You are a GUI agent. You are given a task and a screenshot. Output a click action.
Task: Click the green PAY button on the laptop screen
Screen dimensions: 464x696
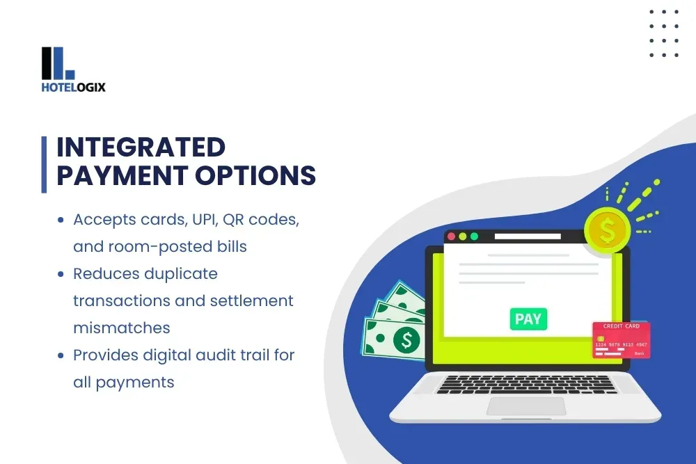click(528, 319)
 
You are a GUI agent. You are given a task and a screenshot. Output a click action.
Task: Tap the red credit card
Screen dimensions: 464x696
click(621, 339)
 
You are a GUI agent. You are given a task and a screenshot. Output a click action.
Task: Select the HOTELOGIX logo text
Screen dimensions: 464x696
click(73, 88)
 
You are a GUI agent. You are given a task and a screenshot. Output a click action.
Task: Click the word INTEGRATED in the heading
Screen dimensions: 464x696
click(141, 147)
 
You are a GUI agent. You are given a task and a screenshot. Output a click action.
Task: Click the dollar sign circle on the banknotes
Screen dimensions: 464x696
click(406, 339)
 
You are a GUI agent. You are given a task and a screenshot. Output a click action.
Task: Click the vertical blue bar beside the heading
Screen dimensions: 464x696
click(45, 163)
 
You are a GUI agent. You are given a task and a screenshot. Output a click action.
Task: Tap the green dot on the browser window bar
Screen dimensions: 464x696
click(475, 237)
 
